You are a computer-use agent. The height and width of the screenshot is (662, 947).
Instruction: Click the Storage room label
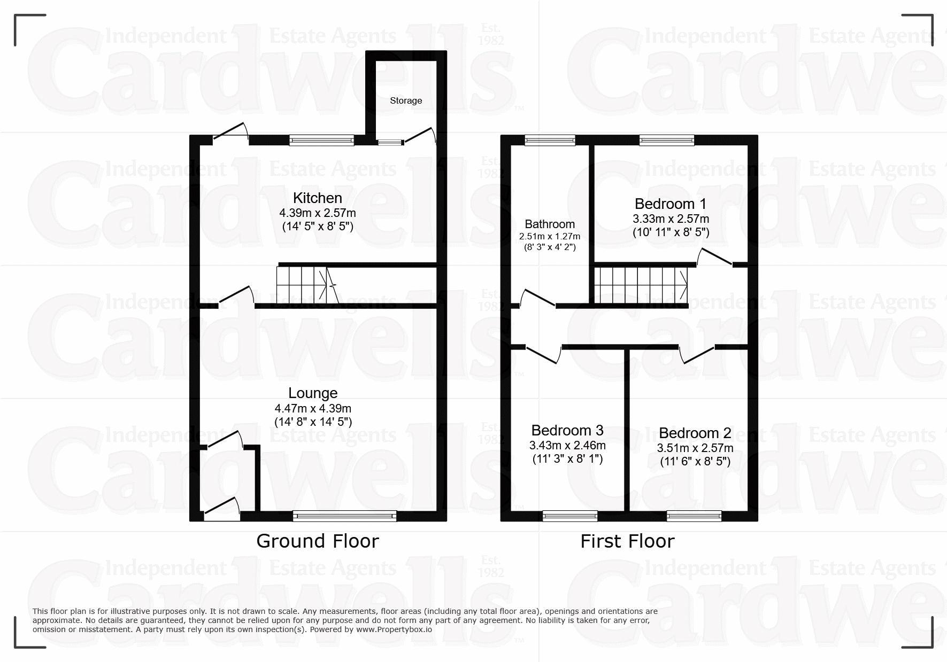pyautogui.click(x=406, y=100)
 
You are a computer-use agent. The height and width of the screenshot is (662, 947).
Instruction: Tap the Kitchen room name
pyautogui.click(x=318, y=198)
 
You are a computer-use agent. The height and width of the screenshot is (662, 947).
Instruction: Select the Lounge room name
pyautogui.click(x=313, y=393)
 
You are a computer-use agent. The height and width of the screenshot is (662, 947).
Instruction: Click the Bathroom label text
pyautogui.click(x=550, y=224)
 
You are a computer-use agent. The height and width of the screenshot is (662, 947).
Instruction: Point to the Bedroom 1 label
pyautogui.click(x=671, y=204)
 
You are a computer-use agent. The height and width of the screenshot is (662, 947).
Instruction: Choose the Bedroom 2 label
pyautogui.click(x=695, y=433)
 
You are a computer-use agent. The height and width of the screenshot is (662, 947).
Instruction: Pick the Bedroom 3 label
pyautogui.click(x=567, y=430)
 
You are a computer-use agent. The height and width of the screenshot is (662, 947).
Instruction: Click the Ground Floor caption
pyautogui.click(x=318, y=541)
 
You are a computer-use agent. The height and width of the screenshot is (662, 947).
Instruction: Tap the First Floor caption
pyautogui.click(x=627, y=541)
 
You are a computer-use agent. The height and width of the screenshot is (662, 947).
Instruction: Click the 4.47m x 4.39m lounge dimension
pyautogui.click(x=313, y=409)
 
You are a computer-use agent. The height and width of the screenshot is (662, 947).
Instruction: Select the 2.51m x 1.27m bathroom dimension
pyautogui.click(x=550, y=236)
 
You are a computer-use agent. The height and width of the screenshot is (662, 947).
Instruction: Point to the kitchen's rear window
pyautogui.click(x=322, y=141)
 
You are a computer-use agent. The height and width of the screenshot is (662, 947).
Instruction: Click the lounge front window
pyautogui.click(x=345, y=516)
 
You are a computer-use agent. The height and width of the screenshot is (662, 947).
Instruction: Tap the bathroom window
pyautogui.click(x=550, y=141)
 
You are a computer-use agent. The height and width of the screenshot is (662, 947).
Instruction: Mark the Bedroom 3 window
pyautogui.click(x=570, y=516)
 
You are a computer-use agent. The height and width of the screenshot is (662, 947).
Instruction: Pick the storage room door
pyautogui.click(x=420, y=136)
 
